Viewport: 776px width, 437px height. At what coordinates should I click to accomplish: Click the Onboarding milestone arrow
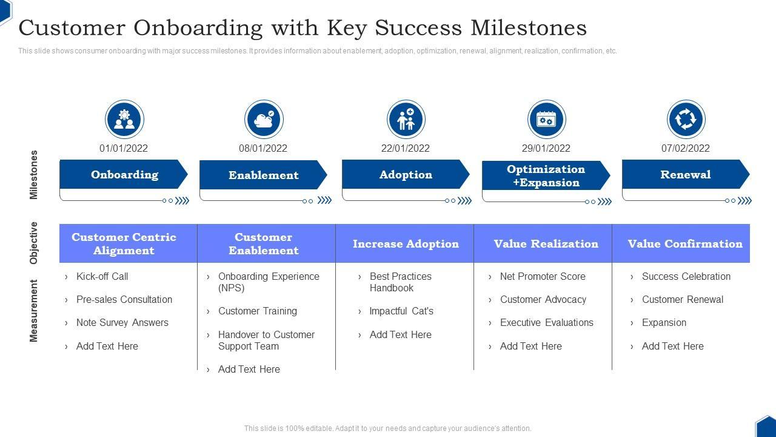click(124, 175)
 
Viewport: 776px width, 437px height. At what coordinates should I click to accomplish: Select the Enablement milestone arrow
click(263, 175)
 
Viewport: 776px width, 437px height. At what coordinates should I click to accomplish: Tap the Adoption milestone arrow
click(406, 175)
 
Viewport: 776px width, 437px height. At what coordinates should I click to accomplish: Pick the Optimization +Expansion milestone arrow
click(546, 176)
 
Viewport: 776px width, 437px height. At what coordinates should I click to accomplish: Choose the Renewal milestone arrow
click(685, 175)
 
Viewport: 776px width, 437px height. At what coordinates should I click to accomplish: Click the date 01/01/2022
click(124, 148)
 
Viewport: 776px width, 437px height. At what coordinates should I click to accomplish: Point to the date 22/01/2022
click(406, 148)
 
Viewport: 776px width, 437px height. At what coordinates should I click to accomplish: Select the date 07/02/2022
click(686, 148)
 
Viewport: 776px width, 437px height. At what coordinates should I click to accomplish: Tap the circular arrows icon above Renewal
click(686, 119)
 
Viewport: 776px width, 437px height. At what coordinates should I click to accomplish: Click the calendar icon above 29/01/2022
click(546, 119)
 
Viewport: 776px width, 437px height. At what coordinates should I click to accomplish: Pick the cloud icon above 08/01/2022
click(264, 119)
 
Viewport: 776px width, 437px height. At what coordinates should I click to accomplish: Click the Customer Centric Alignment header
click(124, 244)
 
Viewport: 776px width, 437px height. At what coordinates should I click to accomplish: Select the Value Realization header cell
click(546, 244)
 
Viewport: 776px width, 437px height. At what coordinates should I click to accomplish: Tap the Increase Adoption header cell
click(406, 244)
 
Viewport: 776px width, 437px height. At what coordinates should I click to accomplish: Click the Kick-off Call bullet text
click(102, 277)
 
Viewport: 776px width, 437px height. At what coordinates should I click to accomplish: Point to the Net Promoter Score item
click(543, 277)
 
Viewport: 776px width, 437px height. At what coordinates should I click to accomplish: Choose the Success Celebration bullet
click(686, 277)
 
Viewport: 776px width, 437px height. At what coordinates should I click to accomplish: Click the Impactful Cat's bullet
click(401, 311)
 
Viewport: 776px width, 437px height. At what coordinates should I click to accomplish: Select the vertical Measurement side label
click(34, 311)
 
